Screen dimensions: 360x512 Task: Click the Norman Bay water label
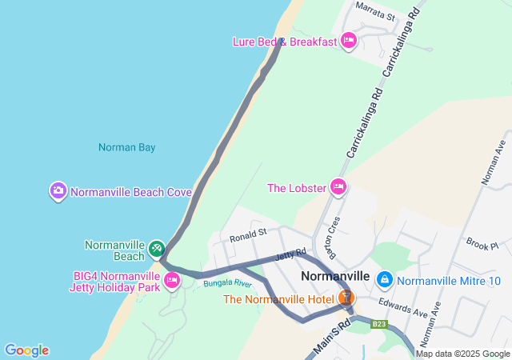(x=126, y=147)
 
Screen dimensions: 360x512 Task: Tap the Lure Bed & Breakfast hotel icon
(x=348, y=41)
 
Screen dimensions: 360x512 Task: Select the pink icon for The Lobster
(x=338, y=187)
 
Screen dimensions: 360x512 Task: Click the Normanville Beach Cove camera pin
(x=58, y=191)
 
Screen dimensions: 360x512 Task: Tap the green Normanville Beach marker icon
(x=156, y=249)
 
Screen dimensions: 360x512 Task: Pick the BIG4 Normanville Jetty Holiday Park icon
(x=171, y=280)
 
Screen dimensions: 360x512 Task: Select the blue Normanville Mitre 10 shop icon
(x=385, y=279)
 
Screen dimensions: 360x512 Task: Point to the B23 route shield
(x=379, y=324)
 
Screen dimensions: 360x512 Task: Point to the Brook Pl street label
(x=482, y=244)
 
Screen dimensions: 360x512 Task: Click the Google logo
(x=26, y=350)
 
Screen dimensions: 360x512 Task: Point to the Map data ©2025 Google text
(x=462, y=354)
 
